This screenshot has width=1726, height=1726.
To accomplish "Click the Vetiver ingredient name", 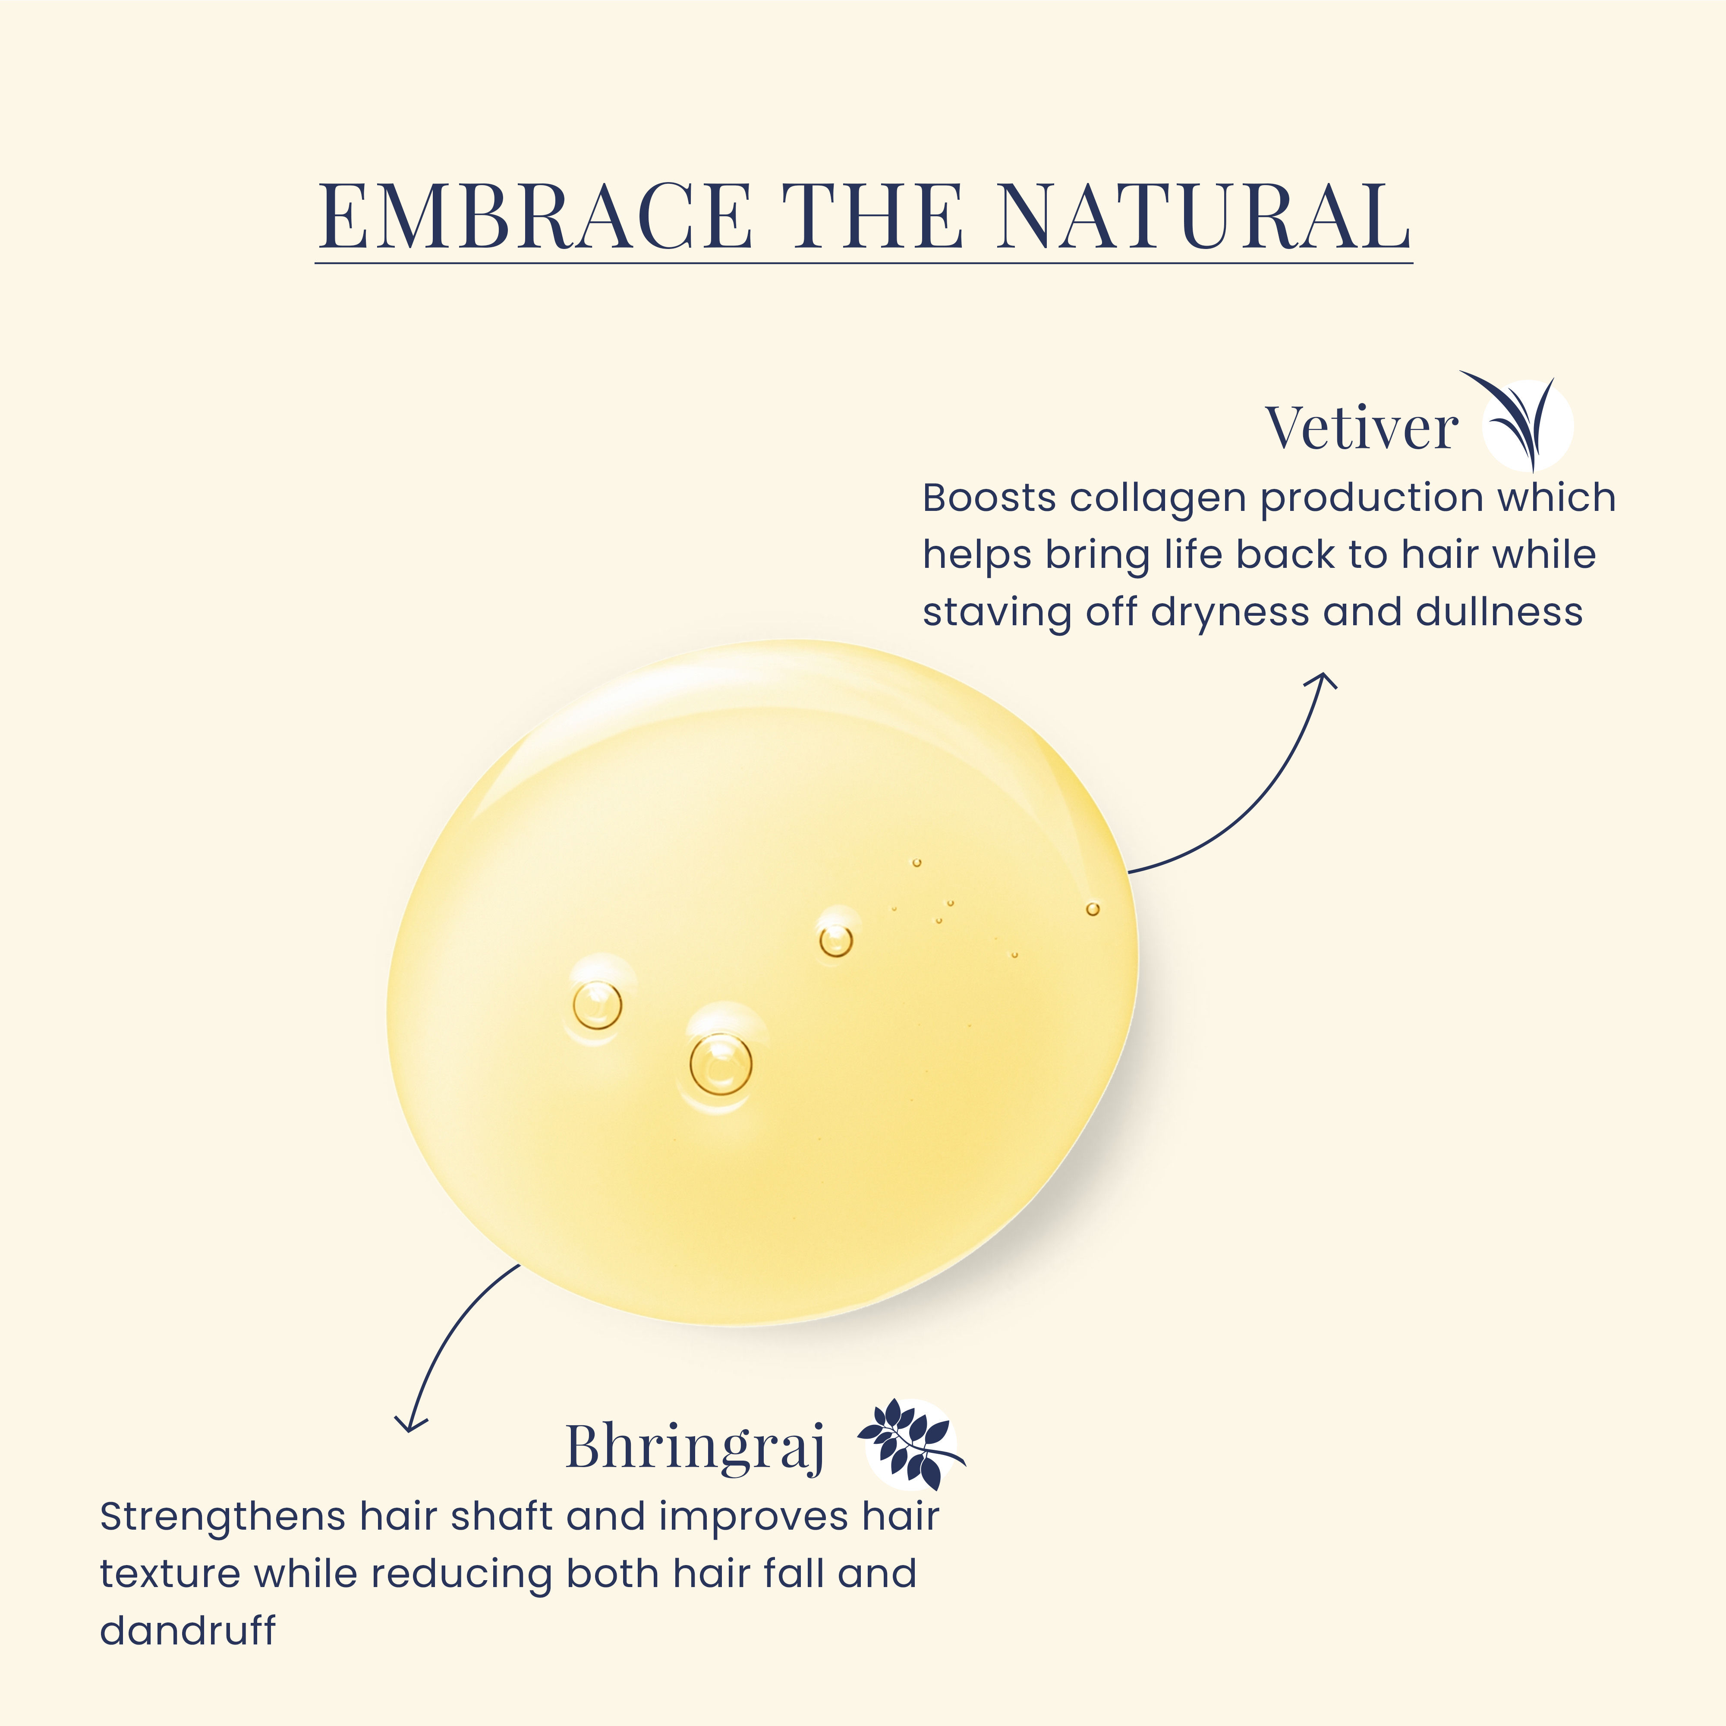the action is click(1361, 428).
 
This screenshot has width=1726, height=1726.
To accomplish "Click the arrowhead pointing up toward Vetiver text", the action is click(1322, 682).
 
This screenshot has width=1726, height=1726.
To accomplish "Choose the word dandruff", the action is click(188, 1630).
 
